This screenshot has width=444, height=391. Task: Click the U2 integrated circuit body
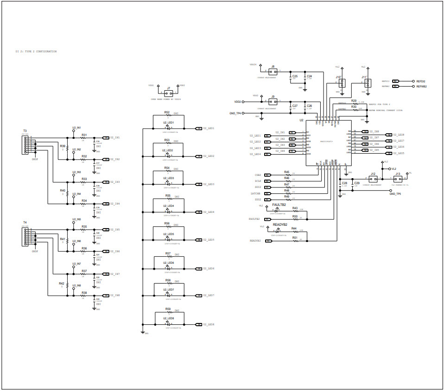[327, 143]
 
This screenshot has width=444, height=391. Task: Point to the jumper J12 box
[373, 179]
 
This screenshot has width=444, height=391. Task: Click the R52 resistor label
[167, 112]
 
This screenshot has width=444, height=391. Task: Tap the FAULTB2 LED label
[279, 204]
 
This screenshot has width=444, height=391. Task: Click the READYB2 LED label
[280, 224]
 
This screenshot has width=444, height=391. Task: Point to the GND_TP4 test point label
[235, 113]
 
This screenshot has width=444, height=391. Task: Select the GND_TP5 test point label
[395, 194]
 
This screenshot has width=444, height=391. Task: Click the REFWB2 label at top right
[421, 86]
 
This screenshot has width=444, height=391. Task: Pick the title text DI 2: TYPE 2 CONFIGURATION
[36, 51]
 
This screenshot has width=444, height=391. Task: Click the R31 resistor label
[84, 135]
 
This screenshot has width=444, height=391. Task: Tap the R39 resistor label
[63, 146]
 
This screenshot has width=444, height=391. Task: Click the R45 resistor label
[287, 172]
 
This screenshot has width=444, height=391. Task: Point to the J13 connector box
[398, 179]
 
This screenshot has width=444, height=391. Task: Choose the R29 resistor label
[354, 100]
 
